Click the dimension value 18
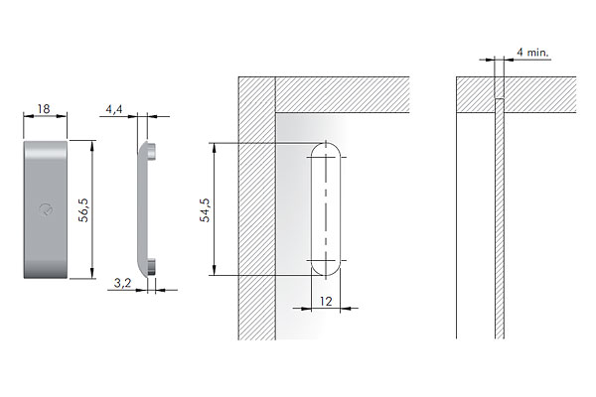pyautogui.click(x=44, y=109)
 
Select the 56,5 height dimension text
pyautogui.click(x=83, y=209)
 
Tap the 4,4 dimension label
pyautogui.click(x=114, y=109)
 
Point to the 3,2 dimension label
pyautogui.click(x=122, y=283)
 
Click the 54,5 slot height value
pyautogui.click(x=205, y=210)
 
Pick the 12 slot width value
pyautogui.click(x=326, y=302)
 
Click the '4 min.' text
pyautogui.click(x=532, y=53)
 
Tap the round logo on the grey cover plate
pyautogui.click(x=46, y=209)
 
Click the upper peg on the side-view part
pyautogui.click(x=151, y=151)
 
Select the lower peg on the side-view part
pyautogui.click(x=151, y=266)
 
